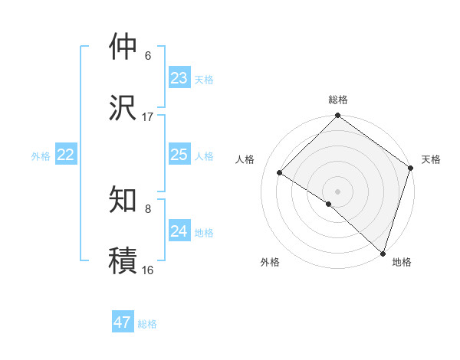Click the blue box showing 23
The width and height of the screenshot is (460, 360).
point(179,77)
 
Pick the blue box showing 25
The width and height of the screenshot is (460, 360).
point(179,155)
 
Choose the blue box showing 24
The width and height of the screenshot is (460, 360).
point(179,231)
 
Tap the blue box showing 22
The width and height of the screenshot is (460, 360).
point(66,155)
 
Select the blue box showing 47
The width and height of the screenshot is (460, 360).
point(123,322)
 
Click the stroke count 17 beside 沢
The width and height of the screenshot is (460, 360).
point(148,117)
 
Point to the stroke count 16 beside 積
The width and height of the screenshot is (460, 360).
point(148,270)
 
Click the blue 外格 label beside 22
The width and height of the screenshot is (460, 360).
point(41,155)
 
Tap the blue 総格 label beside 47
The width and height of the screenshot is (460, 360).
point(147,323)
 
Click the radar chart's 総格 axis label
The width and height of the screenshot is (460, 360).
point(338,100)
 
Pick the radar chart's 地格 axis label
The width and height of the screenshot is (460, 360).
point(401,262)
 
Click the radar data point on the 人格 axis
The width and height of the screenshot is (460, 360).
point(280,172)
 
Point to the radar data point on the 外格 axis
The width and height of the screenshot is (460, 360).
point(329,204)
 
